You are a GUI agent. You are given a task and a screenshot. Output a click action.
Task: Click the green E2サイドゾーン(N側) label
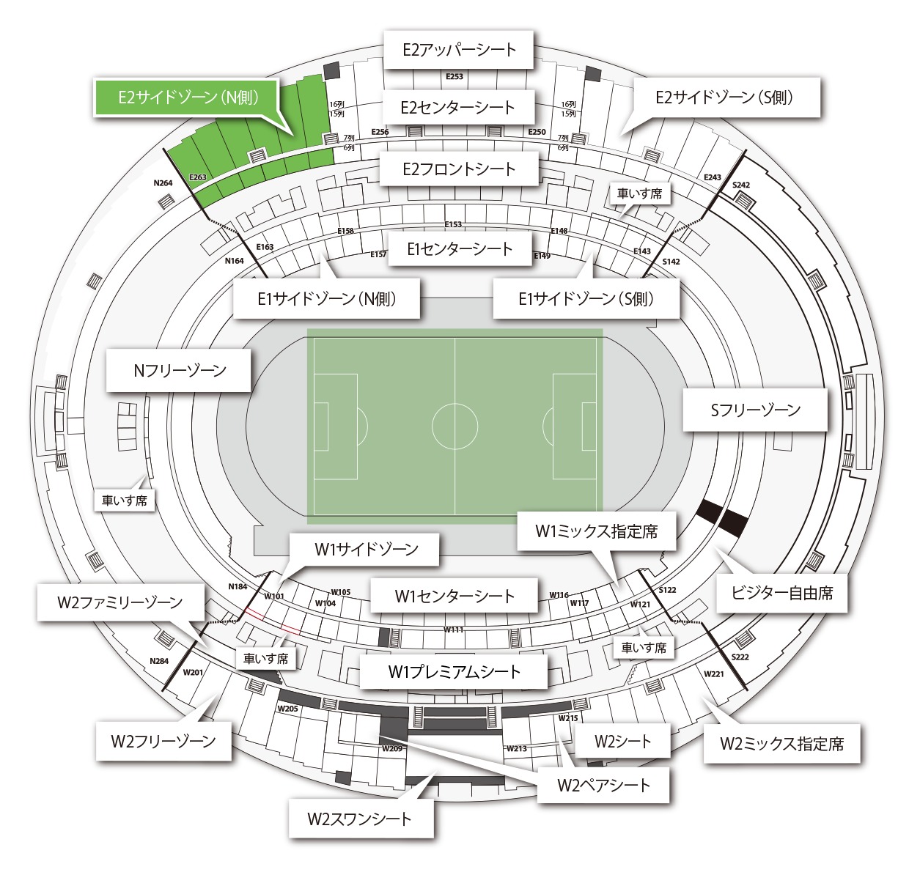click(x=188, y=97)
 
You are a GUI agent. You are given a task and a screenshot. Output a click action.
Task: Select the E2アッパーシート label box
click(x=459, y=50)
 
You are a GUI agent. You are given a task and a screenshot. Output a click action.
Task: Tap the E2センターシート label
click(x=458, y=108)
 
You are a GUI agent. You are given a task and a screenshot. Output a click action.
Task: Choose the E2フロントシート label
click(x=459, y=169)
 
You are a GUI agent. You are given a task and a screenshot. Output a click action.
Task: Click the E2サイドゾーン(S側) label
click(x=724, y=97)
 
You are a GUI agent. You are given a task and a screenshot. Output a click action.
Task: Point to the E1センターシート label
click(x=460, y=249)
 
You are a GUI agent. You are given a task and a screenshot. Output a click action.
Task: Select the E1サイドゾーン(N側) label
click(x=326, y=299)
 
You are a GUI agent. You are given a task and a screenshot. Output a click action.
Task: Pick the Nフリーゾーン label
click(x=180, y=371)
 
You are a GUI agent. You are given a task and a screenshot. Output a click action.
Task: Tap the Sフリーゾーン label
click(x=755, y=410)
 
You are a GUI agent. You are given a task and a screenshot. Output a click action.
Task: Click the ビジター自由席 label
click(x=781, y=593)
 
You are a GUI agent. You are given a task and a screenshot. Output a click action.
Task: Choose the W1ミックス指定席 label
click(x=596, y=531)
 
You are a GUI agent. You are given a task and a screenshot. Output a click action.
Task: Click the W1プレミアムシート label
click(x=454, y=672)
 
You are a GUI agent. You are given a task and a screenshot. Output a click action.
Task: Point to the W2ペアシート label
click(x=603, y=786)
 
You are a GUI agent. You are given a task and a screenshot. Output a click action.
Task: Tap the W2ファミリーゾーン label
click(x=120, y=602)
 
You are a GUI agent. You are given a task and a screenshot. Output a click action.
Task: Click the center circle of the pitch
click(x=455, y=426)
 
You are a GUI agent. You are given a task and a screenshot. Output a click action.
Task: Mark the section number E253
click(x=455, y=76)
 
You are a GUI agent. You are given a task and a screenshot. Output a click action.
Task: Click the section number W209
click(x=392, y=749)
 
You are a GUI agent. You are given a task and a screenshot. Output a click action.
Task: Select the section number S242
click(x=741, y=185)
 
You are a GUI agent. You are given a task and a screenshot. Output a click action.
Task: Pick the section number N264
click(x=163, y=183)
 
